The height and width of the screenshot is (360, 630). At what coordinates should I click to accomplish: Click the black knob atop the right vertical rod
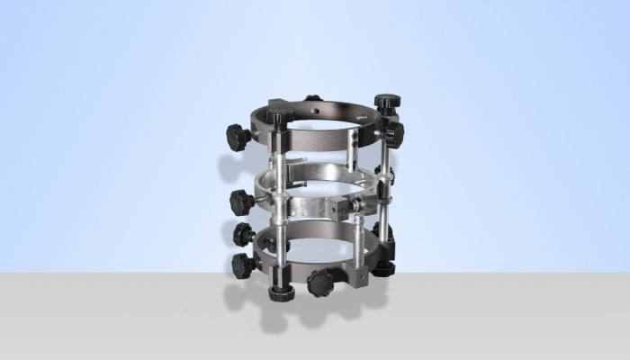[x=388, y=102]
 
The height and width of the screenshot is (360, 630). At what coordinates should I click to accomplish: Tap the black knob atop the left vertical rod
[x=278, y=117]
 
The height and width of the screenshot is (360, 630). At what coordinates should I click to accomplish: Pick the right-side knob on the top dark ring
[x=393, y=135]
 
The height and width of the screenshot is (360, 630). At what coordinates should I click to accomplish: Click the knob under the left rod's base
[x=279, y=290]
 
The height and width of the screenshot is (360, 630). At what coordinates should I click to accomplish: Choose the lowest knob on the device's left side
[x=242, y=265]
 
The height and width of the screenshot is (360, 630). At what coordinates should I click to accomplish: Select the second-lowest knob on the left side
[x=244, y=234]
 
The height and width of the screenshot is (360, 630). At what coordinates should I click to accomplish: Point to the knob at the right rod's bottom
[x=384, y=267]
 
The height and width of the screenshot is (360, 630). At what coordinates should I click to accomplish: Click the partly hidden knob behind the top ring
[x=312, y=98]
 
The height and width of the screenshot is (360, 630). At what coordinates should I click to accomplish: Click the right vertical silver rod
[x=385, y=189]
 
